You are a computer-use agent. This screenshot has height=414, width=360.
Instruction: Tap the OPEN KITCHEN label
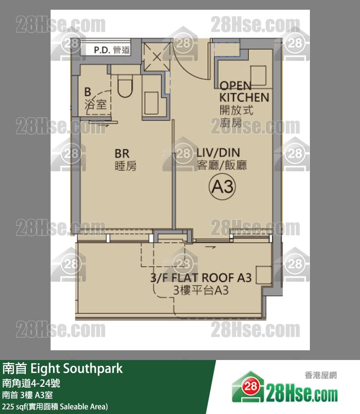[244, 91]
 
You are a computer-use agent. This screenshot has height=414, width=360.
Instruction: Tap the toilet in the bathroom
[125, 86]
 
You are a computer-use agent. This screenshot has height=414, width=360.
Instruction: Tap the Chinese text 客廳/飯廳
[221, 165]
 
